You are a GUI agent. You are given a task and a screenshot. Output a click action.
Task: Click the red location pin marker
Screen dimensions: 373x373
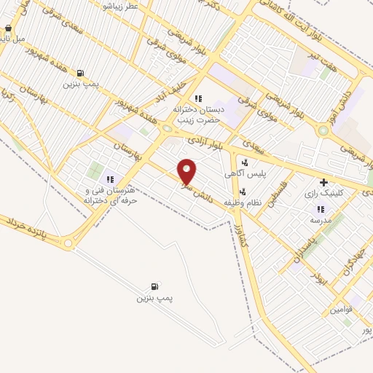(187, 170)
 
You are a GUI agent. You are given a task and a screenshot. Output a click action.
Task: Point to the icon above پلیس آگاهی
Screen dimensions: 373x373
(245, 162)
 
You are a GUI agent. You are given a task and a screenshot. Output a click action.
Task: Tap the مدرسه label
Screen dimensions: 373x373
(321, 219)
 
